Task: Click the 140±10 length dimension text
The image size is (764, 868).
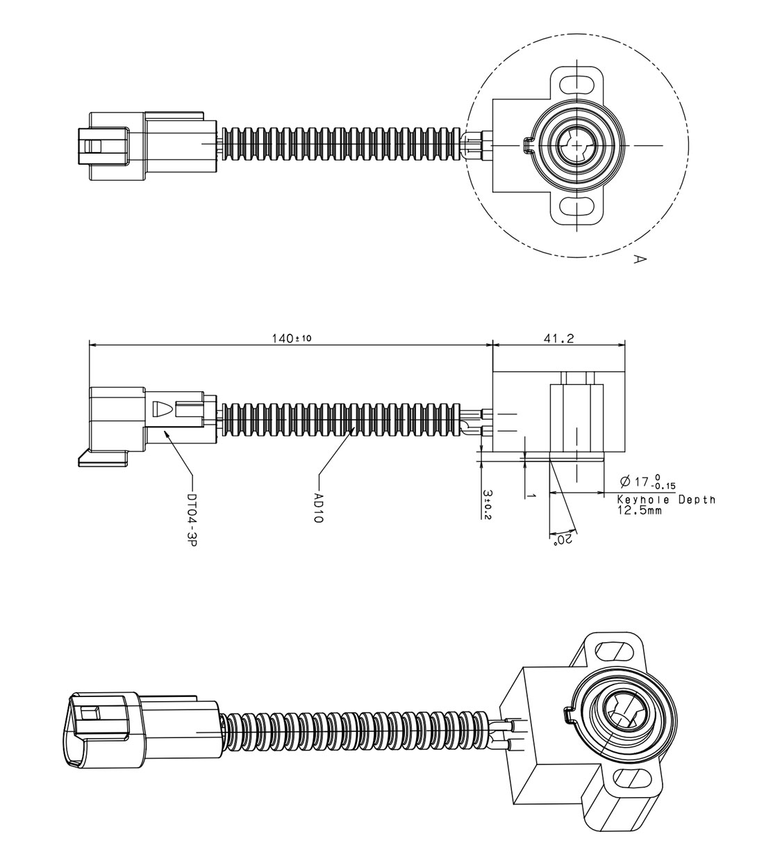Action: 292,338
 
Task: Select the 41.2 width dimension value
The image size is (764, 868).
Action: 559,338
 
